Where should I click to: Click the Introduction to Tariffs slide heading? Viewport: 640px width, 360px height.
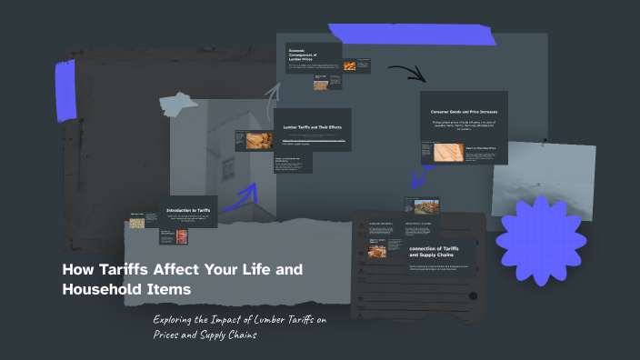pyautogui.click(x=188, y=211)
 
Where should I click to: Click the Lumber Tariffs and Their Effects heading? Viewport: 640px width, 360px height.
pyautogui.click(x=312, y=126)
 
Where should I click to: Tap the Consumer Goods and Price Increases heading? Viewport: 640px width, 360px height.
pyautogui.click(x=464, y=111)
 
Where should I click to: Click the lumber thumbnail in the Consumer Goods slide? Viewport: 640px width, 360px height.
pyautogui.click(x=442, y=152)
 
